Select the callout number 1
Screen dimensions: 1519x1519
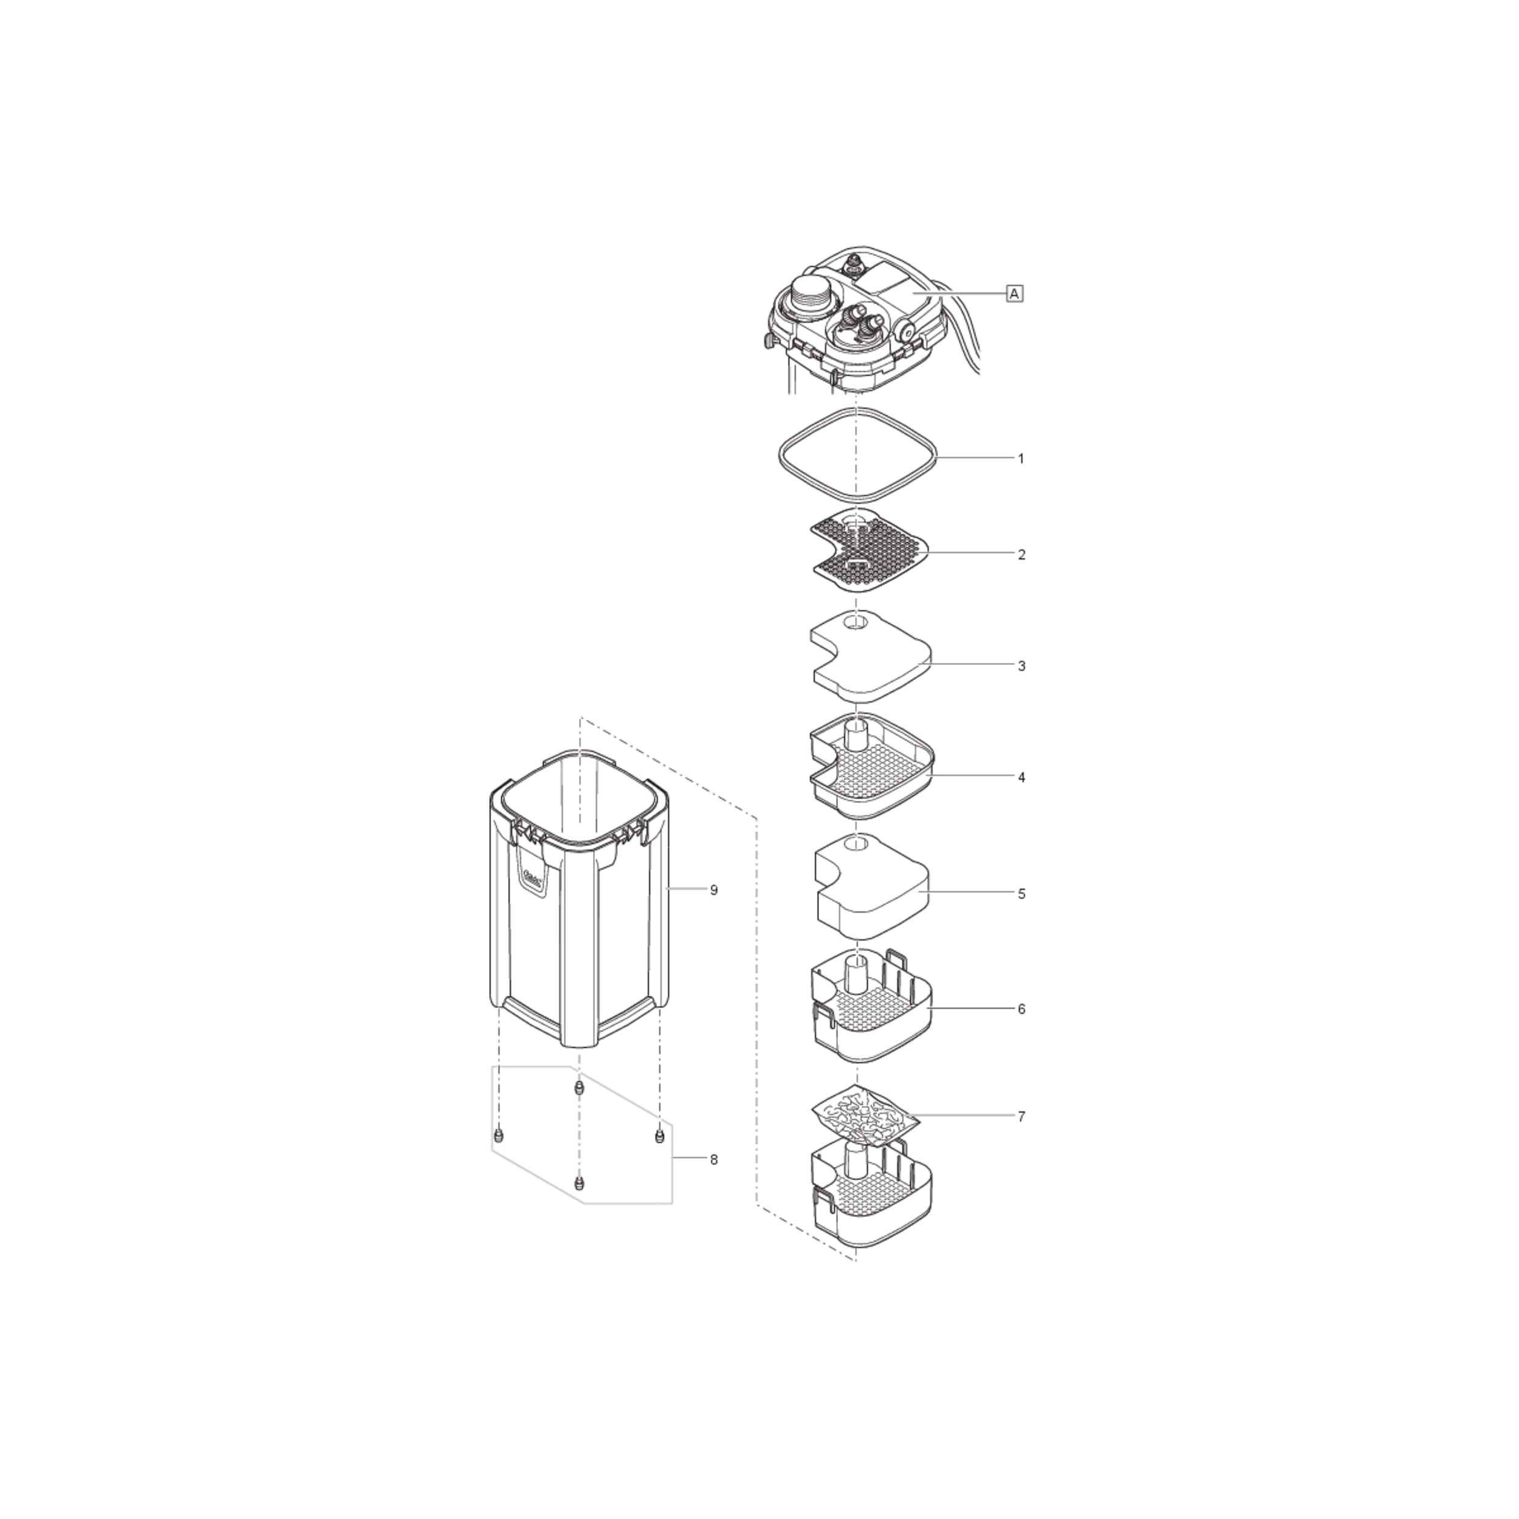pyautogui.click(x=1021, y=458)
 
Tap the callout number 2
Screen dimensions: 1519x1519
pyautogui.click(x=1021, y=554)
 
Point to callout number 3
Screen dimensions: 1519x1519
pyautogui.click(x=1021, y=666)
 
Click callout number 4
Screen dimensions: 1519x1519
pyautogui.click(x=1021, y=778)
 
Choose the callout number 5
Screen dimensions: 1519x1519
pyautogui.click(x=1021, y=894)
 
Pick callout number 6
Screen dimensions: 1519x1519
pyautogui.click(x=1021, y=1009)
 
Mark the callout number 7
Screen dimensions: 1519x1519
pyautogui.click(x=1021, y=1116)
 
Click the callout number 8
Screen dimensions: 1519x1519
pyautogui.click(x=714, y=1160)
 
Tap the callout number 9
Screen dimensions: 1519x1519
pyautogui.click(x=714, y=890)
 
